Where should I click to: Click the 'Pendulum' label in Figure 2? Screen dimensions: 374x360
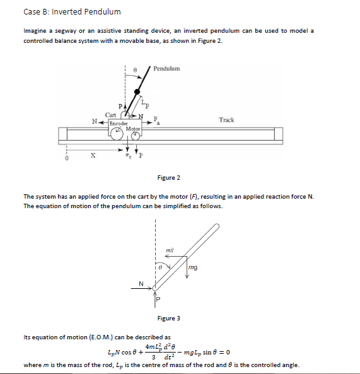tap(166, 68)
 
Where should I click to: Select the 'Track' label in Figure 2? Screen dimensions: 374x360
tap(226, 119)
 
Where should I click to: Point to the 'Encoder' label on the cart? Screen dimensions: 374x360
tap(118, 124)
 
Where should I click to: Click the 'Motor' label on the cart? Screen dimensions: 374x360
tap(133, 129)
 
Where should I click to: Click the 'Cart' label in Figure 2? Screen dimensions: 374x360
tap(110, 115)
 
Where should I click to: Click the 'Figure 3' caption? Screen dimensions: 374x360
tap(168, 318)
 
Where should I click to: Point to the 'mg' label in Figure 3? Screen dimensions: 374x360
tap(193, 268)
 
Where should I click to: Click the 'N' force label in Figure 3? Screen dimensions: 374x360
tap(141, 283)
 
